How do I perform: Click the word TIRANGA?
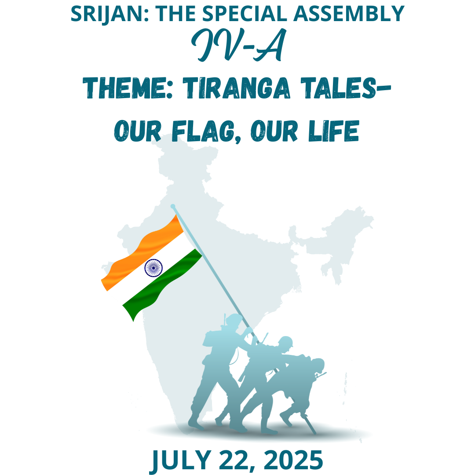point(237,88)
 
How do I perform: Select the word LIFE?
point(333,132)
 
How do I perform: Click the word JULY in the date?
point(181,460)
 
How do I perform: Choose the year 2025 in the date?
point(293,460)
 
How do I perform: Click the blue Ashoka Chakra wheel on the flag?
point(153,268)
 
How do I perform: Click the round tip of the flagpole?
point(173,206)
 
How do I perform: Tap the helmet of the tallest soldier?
point(234,319)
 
